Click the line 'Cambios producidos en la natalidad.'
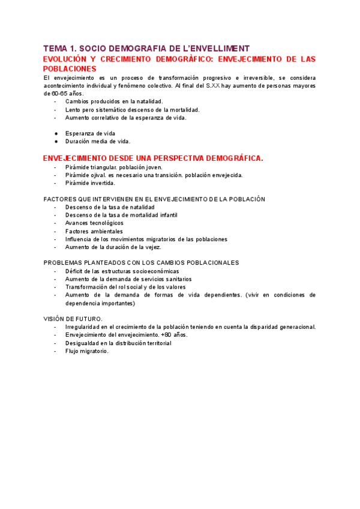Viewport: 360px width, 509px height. (x=114, y=102)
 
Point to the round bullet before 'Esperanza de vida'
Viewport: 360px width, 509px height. (x=56, y=133)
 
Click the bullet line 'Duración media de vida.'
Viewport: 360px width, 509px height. (x=97, y=141)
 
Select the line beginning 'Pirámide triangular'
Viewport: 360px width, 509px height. (x=114, y=167)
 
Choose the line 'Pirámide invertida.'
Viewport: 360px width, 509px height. (x=90, y=183)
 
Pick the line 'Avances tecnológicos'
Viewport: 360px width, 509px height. (x=94, y=223)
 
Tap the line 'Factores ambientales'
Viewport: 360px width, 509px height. (x=94, y=231)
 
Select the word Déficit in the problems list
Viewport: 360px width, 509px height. (x=76, y=271)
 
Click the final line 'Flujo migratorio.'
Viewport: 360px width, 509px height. (x=87, y=351)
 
